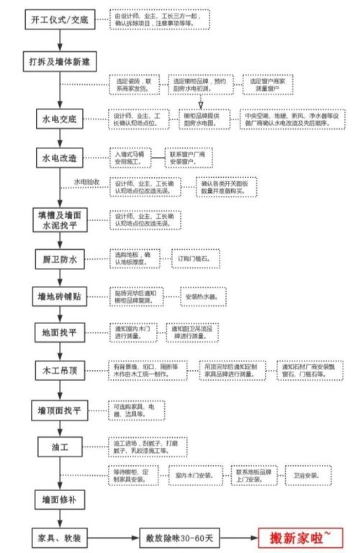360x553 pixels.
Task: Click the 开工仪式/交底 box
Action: [x=60, y=19]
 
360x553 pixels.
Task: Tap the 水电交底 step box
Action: [x=60, y=117]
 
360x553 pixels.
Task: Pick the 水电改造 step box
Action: [x=60, y=157]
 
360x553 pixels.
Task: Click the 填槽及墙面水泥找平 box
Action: [x=60, y=220]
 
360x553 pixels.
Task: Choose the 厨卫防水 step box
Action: [x=60, y=258]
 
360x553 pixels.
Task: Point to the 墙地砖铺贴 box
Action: [x=60, y=295]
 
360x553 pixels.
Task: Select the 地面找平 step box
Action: [x=60, y=333]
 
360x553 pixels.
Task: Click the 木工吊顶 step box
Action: [x=60, y=371]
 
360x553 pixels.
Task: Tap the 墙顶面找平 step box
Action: [x=60, y=410]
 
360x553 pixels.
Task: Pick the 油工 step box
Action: [x=60, y=447]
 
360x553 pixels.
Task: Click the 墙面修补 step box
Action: [x=60, y=499]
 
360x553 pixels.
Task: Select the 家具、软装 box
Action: [x=60, y=536]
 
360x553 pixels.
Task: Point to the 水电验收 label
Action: [x=87, y=182]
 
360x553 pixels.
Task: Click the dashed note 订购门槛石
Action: [x=194, y=258]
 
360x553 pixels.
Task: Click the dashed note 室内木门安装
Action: [x=196, y=475]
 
